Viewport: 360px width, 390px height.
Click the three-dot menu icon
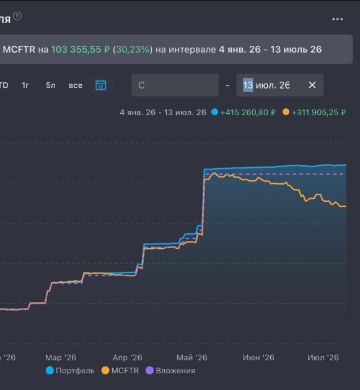(x=337, y=19)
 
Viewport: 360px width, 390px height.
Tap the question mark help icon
(x=17, y=17)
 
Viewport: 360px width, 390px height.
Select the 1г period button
(x=25, y=85)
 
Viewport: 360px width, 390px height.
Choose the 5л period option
(x=50, y=85)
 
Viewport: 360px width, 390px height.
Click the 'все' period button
(x=76, y=85)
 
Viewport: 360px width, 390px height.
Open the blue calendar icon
(x=101, y=85)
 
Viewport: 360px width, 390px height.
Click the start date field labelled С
(x=175, y=85)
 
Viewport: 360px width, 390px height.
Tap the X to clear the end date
(x=312, y=85)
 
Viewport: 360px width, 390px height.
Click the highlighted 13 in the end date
(x=248, y=85)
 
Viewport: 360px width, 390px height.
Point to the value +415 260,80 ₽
(x=248, y=113)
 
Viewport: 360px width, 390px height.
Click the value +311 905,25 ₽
(x=318, y=113)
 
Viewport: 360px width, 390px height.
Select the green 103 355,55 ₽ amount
(x=81, y=50)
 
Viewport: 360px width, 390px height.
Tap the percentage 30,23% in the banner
(x=133, y=50)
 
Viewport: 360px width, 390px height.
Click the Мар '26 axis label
(x=61, y=357)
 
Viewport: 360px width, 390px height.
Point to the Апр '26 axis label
(x=128, y=357)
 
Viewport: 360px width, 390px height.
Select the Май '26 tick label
(x=192, y=357)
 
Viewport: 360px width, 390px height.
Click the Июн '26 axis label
(x=258, y=357)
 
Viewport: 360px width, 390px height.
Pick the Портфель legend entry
(x=70, y=371)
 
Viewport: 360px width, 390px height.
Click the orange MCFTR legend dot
(x=105, y=371)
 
